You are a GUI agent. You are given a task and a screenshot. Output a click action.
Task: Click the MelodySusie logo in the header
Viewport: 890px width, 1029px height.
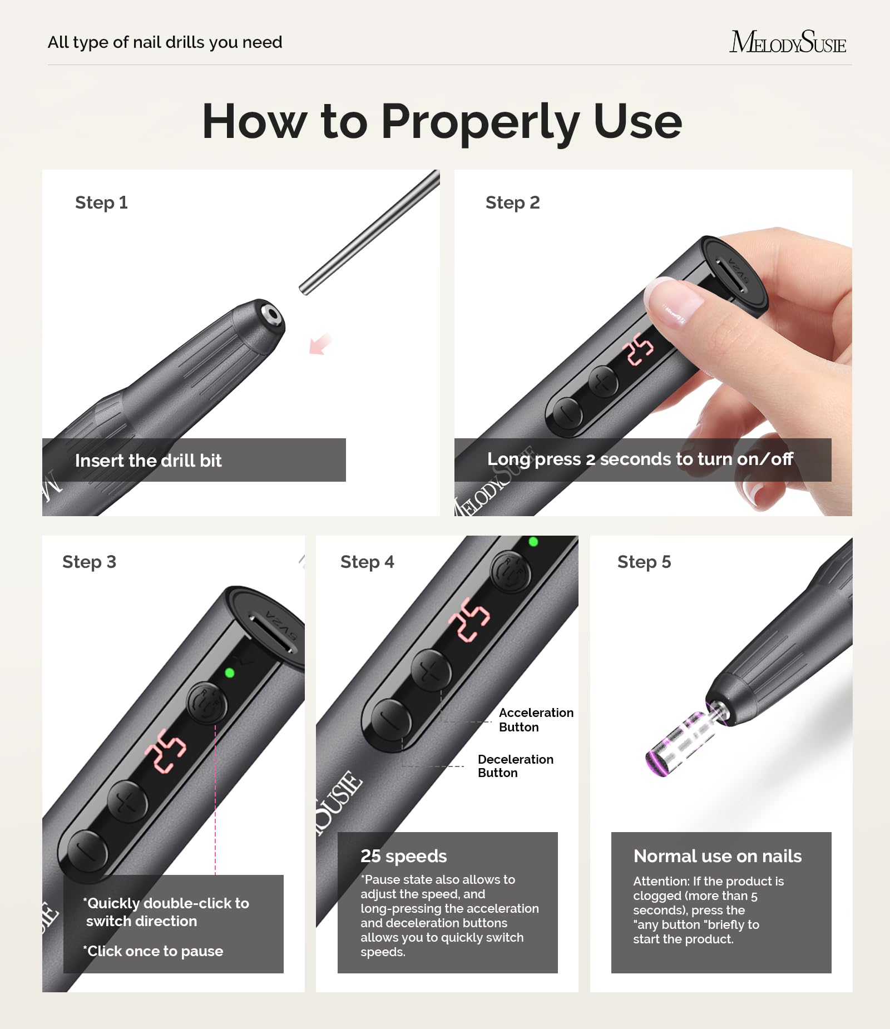(787, 42)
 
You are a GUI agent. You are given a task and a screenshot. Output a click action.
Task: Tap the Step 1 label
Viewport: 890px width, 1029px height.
(101, 202)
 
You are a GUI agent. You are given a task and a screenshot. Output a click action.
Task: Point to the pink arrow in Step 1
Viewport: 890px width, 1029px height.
(320, 344)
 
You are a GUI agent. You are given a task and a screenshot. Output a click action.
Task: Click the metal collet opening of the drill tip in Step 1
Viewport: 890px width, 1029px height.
(272, 314)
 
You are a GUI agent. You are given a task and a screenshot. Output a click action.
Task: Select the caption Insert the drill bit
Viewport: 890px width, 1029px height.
(148, 461)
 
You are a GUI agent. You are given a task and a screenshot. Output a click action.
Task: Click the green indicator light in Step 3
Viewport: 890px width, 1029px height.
(229, 673)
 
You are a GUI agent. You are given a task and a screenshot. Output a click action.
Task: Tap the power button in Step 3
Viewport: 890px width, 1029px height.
(206, 704)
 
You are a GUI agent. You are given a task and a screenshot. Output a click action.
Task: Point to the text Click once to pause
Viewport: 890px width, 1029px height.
(154, 951)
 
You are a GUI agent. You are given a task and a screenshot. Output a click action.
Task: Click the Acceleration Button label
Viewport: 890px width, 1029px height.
(535, 720)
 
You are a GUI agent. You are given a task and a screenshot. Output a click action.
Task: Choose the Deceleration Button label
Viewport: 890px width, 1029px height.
(515, 766)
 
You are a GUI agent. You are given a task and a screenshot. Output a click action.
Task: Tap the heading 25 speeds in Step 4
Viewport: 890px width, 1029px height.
(403, 856)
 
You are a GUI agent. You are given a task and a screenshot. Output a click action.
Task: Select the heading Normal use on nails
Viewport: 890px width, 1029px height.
(717, 856)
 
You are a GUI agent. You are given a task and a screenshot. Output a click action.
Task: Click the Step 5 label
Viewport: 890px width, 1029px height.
(644, 562)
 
